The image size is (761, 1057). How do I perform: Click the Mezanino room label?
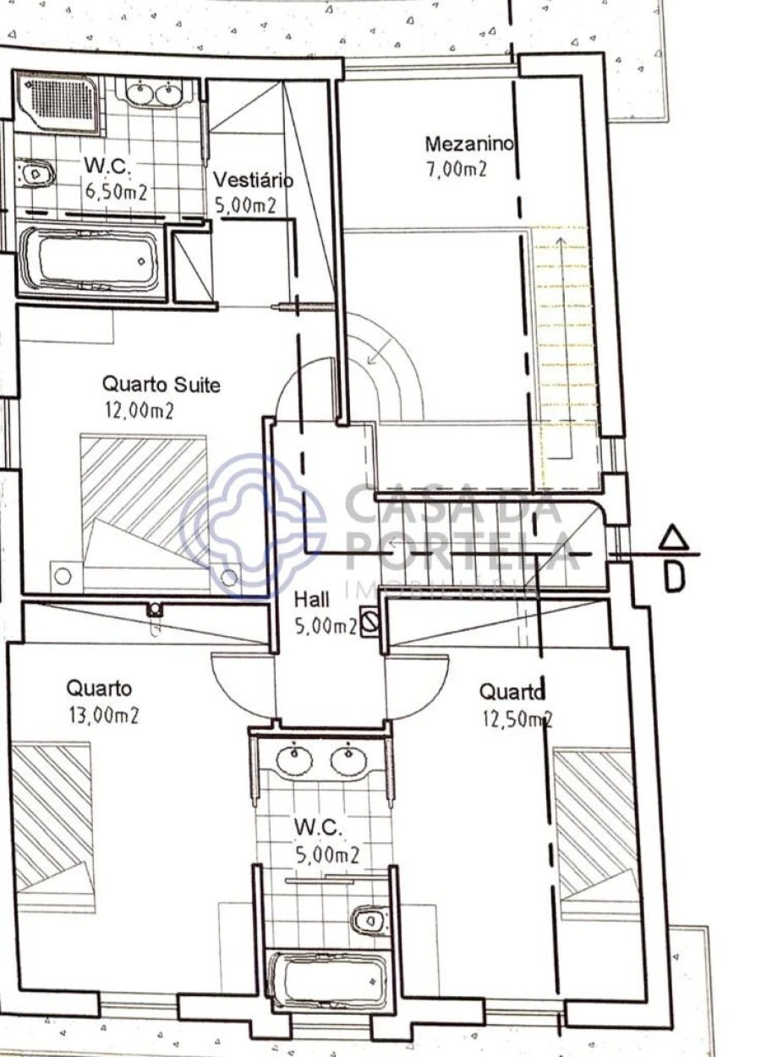tap(469, 144)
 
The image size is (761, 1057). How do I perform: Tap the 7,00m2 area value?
tap(457, 170)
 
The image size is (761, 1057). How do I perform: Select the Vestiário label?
tap(253, 180)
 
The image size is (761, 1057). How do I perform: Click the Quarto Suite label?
tap(162, 385)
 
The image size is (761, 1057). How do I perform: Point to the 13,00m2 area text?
tap(104, 716)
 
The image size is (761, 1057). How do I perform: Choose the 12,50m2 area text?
tap(517, 720)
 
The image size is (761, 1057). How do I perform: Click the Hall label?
tap(311, 600)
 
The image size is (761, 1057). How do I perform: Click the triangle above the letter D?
tap(673, 539)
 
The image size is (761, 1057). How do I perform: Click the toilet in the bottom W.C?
tap(370, 918)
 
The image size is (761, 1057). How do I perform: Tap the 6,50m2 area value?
tap(116, 192)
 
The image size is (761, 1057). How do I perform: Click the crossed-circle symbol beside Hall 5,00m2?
tap(370, 622)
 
